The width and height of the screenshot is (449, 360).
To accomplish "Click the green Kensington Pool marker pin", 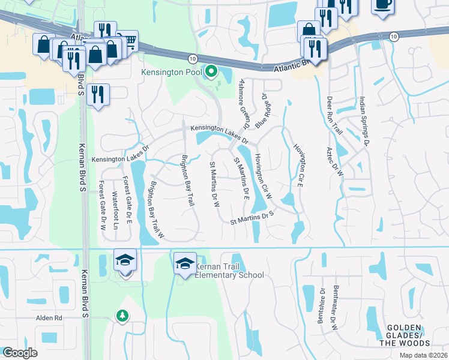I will point(211,73).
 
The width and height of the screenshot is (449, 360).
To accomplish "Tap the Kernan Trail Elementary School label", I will point(228,269).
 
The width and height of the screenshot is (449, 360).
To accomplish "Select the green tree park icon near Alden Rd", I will point(122,315).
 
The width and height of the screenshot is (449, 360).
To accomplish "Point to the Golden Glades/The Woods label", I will point(405,339).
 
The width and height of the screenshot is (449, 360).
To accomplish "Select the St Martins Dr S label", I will point(252,217).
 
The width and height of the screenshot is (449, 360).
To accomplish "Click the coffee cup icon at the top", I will point(382,4).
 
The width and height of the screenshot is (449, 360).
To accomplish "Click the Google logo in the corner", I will point(20,353).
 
